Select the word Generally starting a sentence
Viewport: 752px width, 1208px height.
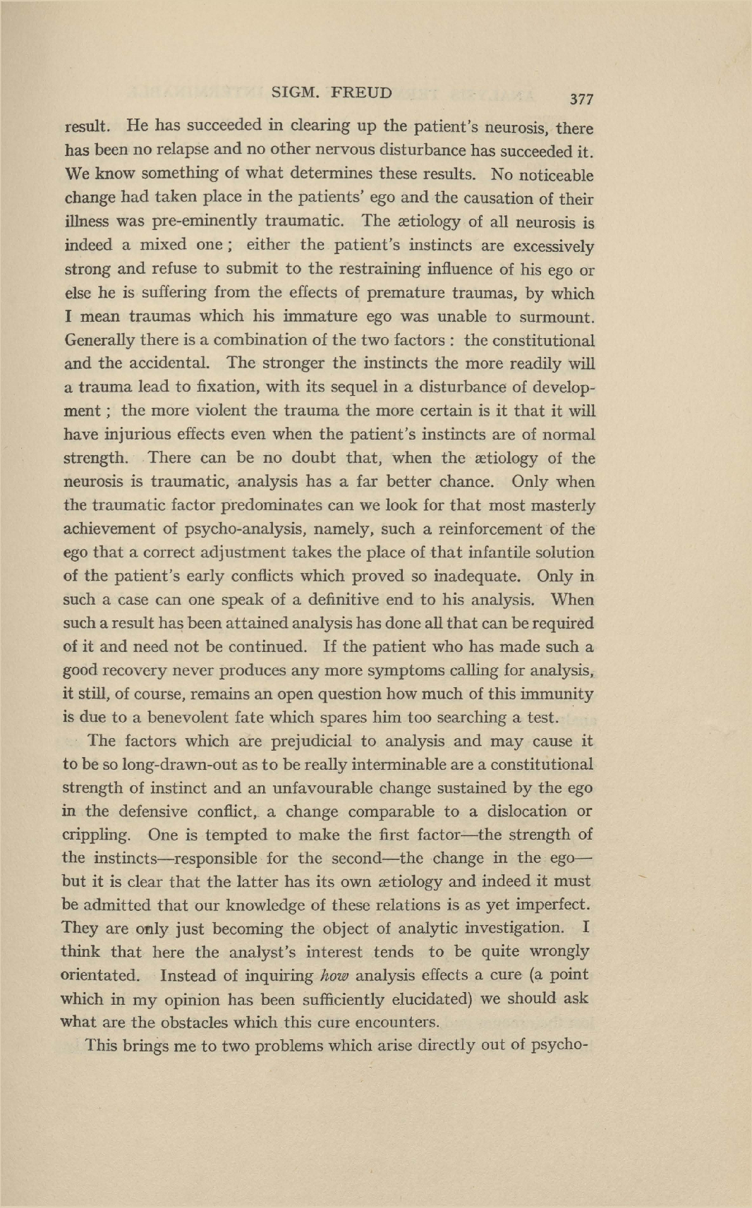(99, 340)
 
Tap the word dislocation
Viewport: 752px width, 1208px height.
(512, 811)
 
